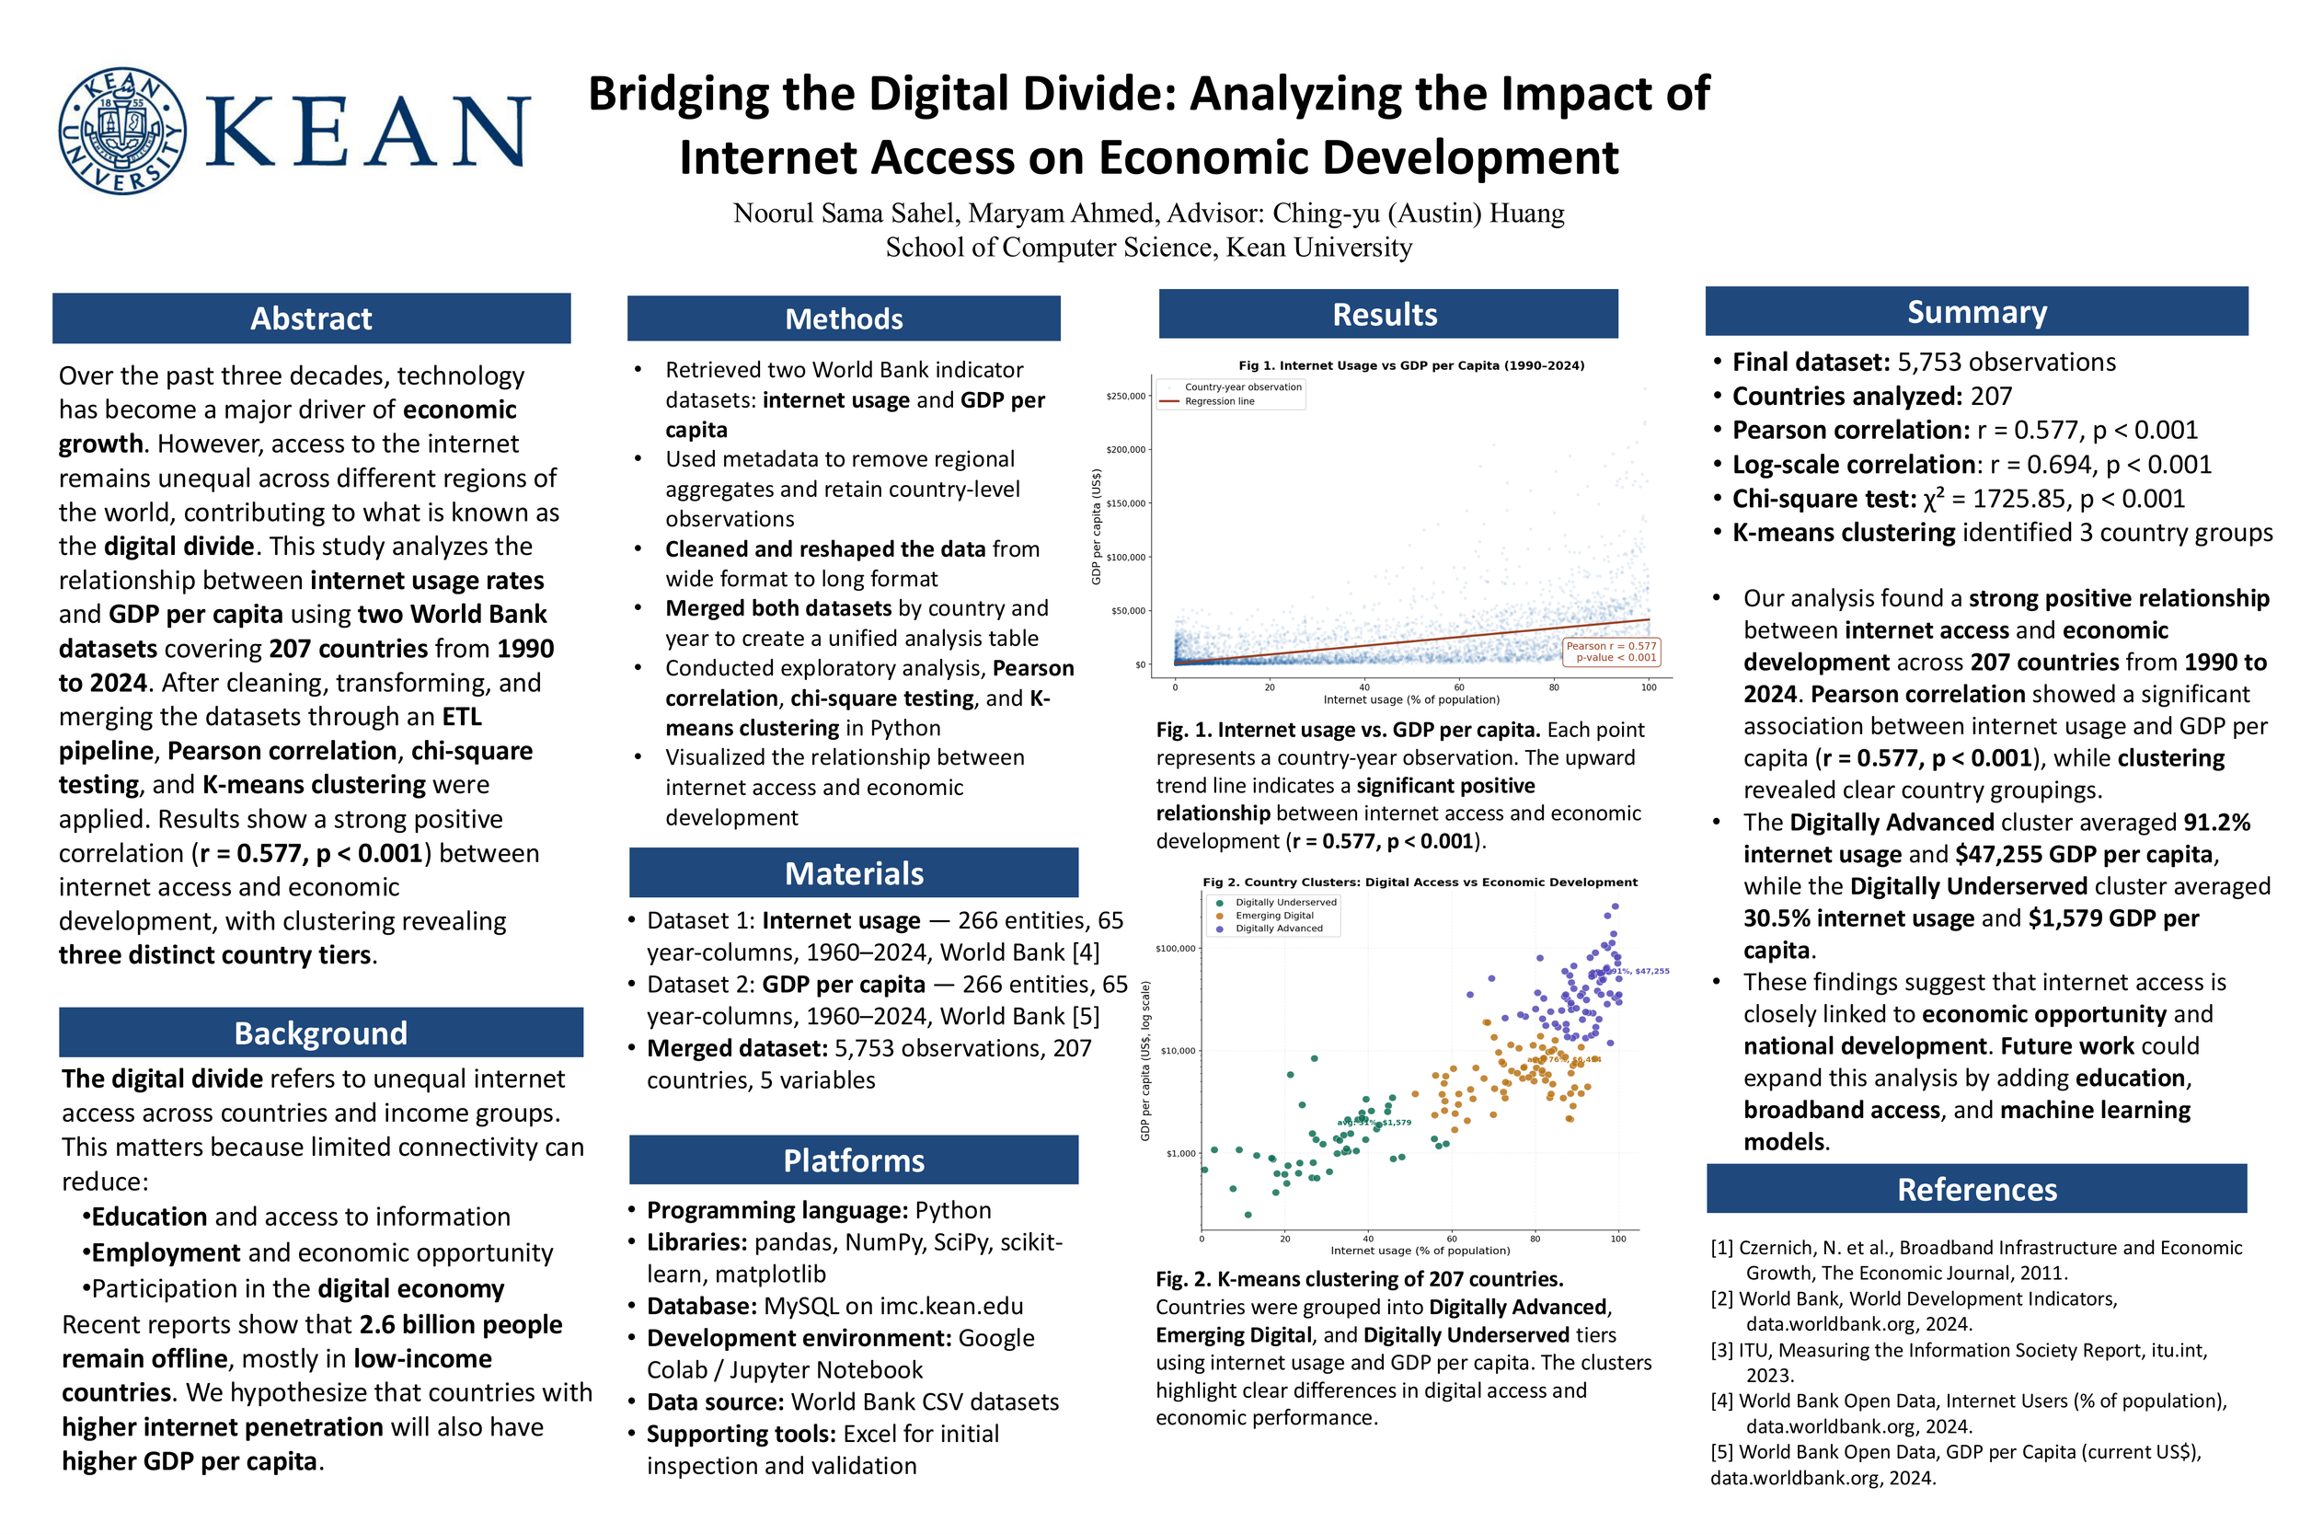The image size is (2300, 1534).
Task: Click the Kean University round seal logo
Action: point(122,131)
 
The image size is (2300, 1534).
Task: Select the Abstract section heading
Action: point(311,318)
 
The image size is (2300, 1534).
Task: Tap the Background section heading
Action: point(321,1033)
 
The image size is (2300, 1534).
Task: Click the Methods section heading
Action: point(843,319)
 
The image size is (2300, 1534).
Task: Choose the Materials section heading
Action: point(854,872)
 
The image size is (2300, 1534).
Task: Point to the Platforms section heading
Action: point(854,1160)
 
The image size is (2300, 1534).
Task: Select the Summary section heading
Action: point(1976,311)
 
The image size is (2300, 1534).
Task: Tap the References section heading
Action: point(1976,1189)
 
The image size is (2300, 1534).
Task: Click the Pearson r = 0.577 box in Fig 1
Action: point(1611,652)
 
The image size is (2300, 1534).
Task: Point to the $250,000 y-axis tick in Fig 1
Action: point(1125,397)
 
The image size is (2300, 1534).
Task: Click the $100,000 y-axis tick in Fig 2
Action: point(1175,948)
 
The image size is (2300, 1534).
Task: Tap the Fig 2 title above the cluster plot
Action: point(1420,882)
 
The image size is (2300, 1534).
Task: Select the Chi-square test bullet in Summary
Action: point(1958,499)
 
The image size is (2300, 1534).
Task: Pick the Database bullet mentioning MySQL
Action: point(834,1306)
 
